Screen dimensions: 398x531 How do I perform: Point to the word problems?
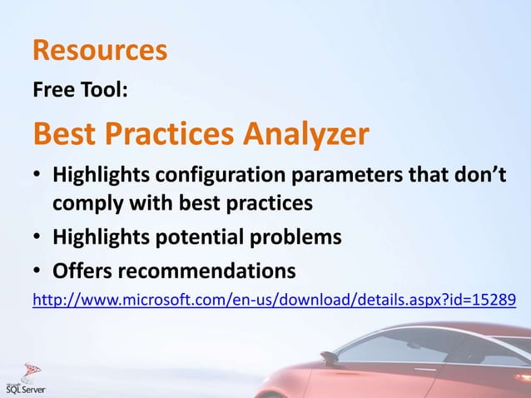tap(295, 237)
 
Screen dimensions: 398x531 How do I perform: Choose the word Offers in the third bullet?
tap(82, 271)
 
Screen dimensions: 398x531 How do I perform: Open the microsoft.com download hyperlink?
tap(250, 299)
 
